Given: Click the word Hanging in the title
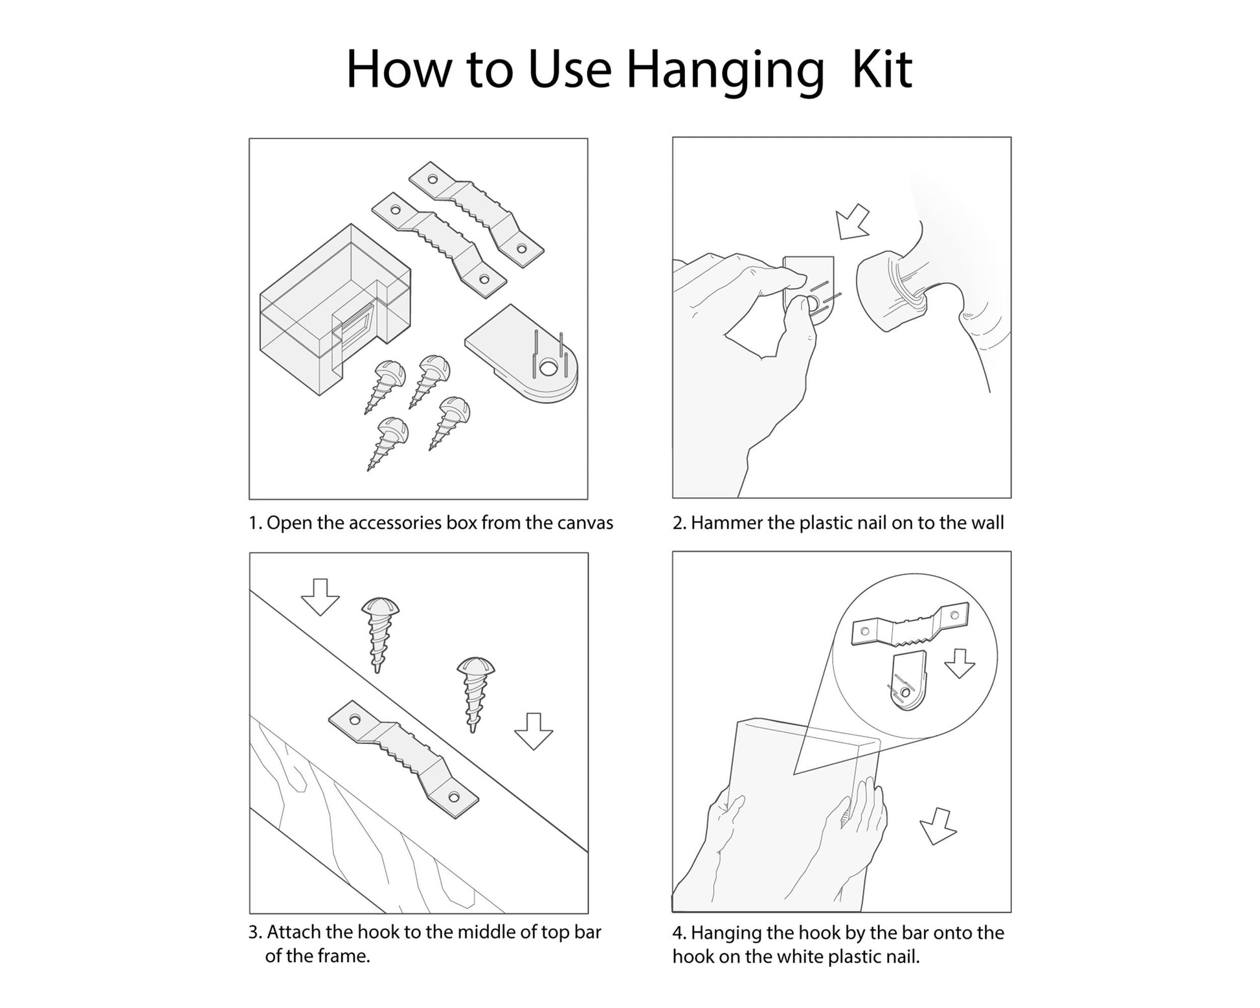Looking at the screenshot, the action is tap(725, 71).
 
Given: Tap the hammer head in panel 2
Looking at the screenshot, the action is tap(890, 291).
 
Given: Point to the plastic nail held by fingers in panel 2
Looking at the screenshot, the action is tap(809, 287).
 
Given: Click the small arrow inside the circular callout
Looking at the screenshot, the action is tap(960, 663).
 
